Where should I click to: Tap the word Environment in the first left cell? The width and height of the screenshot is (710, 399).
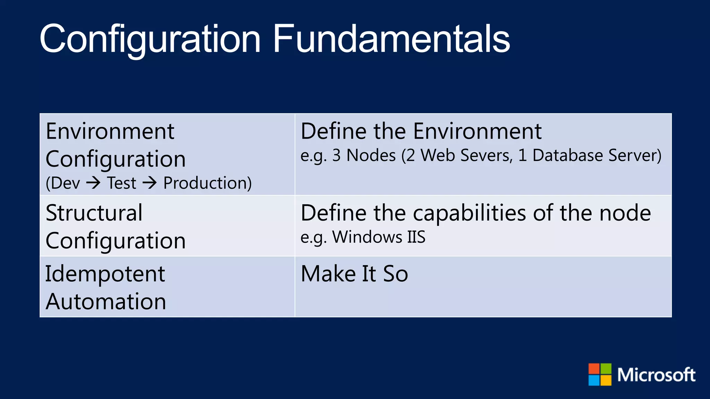110,132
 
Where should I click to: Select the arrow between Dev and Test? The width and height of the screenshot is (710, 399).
93,183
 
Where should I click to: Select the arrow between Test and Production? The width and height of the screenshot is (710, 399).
150,183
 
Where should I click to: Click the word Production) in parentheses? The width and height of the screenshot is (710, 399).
207,183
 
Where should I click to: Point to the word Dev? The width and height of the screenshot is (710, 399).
65,183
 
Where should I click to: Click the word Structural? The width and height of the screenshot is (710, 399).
94,213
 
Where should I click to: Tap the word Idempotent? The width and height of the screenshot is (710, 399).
105,274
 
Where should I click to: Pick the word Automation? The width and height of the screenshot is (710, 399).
106,301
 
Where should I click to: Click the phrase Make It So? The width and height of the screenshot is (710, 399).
354,274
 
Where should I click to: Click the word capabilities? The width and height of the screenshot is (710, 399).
469,213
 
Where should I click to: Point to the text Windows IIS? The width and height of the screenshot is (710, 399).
378,237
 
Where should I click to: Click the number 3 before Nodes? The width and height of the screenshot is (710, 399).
336,155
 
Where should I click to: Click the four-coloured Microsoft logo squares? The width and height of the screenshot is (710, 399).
599,374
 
